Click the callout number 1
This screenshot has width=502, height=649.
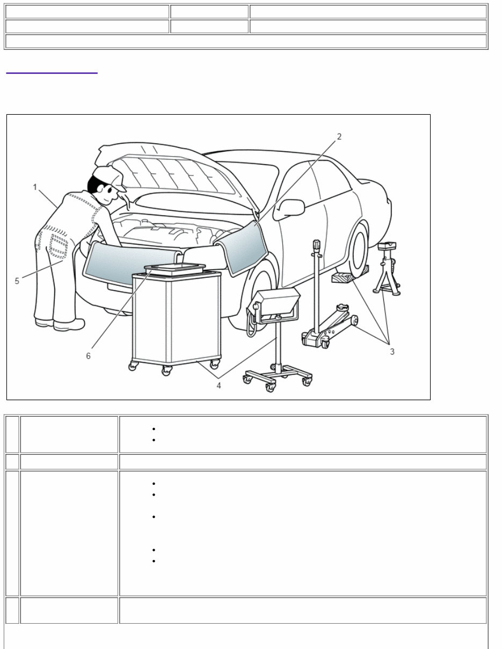click(35, 187)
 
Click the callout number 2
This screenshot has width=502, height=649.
click(339, 137)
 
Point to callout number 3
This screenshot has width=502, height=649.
click(392, 351)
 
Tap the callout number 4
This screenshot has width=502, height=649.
click(219, 385)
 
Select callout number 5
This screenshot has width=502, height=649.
click(17, 281)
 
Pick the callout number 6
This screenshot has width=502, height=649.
click(89, 356)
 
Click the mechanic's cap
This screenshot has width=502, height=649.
click(109, 176)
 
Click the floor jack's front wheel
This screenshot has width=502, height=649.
click(354, 321)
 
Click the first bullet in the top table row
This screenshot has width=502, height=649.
click(154, 429)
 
